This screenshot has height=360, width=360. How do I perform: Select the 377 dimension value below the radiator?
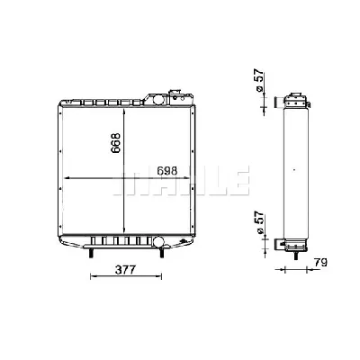coord(127,269)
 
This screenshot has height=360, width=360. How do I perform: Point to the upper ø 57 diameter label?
coord(259,84)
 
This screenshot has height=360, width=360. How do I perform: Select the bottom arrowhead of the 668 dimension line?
coord(124,234)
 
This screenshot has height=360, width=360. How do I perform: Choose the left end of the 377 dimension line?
coord(91,276)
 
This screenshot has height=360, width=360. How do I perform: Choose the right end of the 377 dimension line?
coord(163,276)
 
